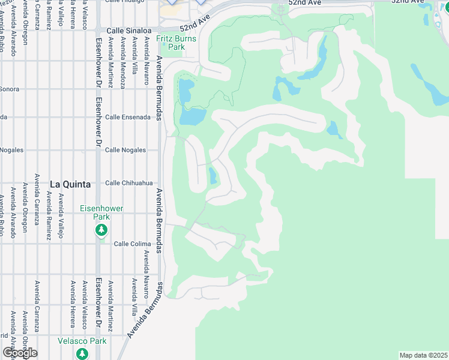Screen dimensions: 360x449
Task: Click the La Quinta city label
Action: tap(70, 184)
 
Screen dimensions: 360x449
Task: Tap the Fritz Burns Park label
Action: tap(170, 42)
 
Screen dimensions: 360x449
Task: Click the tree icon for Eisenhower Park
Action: tap(101, 230)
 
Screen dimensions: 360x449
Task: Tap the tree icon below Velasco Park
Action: tap(82, 353)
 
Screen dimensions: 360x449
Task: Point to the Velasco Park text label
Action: tap(82, 341)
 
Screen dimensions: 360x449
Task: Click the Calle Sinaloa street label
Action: tap(128, 30)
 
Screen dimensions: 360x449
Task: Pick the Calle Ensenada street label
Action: tap(128, 117)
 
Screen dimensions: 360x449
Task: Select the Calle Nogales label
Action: tap(125, 150)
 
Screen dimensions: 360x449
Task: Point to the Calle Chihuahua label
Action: tap(129, 183)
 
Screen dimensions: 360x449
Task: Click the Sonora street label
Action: tap(10, 89)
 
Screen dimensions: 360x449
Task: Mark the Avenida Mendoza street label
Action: tap(122, 64)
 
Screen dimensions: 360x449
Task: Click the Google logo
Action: tap(20, 353)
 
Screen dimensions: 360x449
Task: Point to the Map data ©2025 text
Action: tap(424, 355)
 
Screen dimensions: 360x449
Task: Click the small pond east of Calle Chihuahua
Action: tap(213, 176)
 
